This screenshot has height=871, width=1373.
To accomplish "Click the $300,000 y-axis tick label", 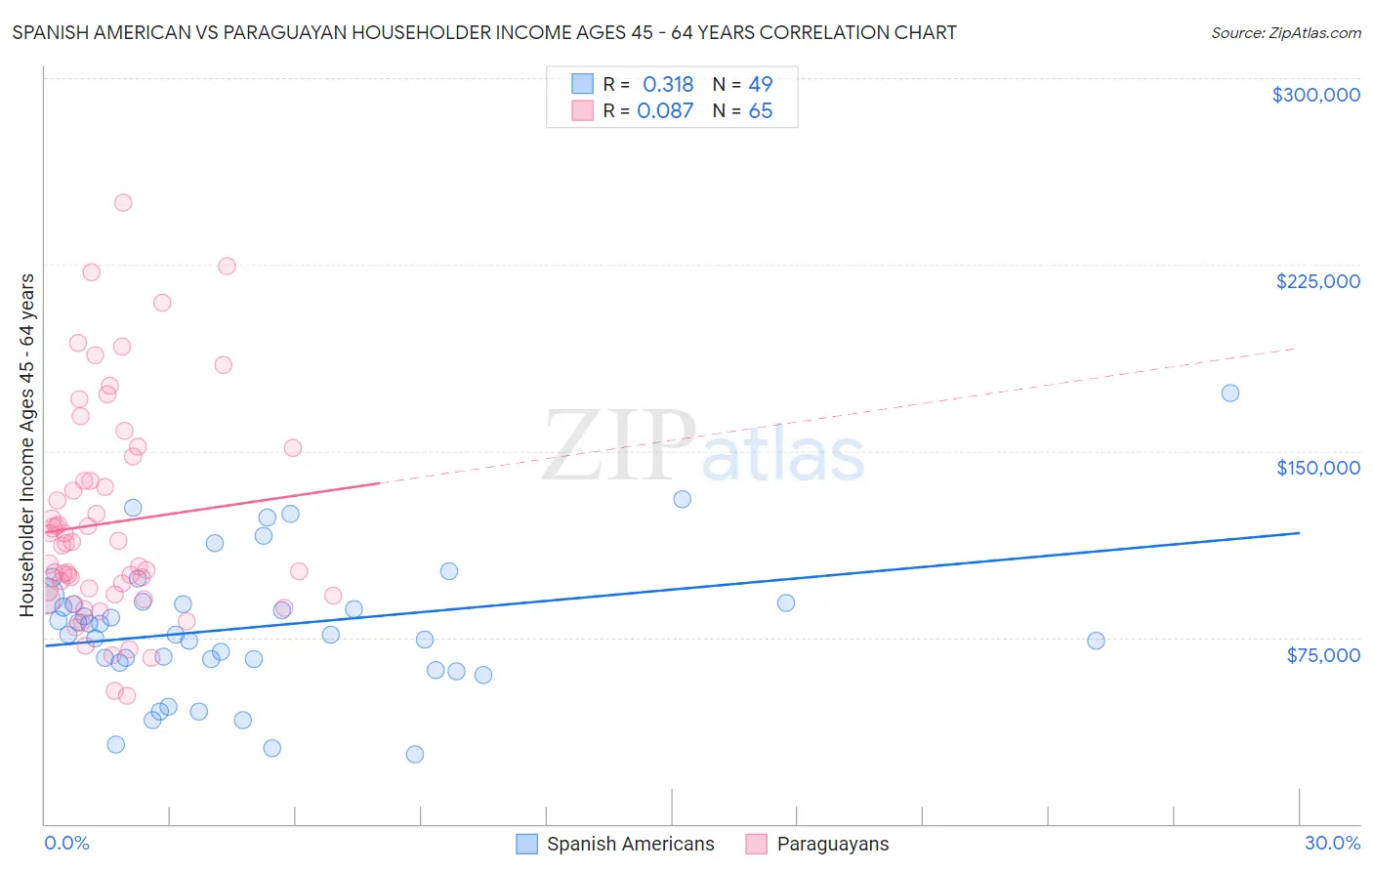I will [x=1315, y=95].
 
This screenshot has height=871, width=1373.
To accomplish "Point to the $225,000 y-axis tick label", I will [x=1317, y=281].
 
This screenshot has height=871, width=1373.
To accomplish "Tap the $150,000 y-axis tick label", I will [x=1317, y=468].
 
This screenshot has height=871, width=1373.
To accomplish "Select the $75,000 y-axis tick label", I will [x=1323, y=655].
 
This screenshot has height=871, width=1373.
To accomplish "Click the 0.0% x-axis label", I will [x=66, y=843].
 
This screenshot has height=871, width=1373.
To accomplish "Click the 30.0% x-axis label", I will [x=1332, y=843].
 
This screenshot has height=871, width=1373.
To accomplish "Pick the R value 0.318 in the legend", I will [x=668, y=84].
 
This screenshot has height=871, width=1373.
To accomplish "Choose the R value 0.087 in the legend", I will [x=665, y=111].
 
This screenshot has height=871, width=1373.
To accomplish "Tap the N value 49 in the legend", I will [x=761, y=84].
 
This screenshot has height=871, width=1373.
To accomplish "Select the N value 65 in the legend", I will [x=761, y=111].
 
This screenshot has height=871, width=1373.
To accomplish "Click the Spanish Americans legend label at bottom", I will [x=630, y=844].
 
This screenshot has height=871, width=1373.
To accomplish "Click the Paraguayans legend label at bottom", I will [x=832, y=844].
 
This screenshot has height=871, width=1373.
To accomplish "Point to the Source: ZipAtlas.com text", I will [x=1285, y=33].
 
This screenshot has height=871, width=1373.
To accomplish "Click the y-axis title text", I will [x=27, y=444].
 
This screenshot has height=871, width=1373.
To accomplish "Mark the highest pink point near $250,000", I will [x=123, y=203].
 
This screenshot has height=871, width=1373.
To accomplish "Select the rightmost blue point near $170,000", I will [x=1230, y=394].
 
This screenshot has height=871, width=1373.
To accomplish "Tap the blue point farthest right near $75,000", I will [x=1096, y=642].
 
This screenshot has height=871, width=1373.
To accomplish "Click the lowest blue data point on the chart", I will [x=415, y=755].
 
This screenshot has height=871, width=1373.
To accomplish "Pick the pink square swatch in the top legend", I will [x=583, y=110].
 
